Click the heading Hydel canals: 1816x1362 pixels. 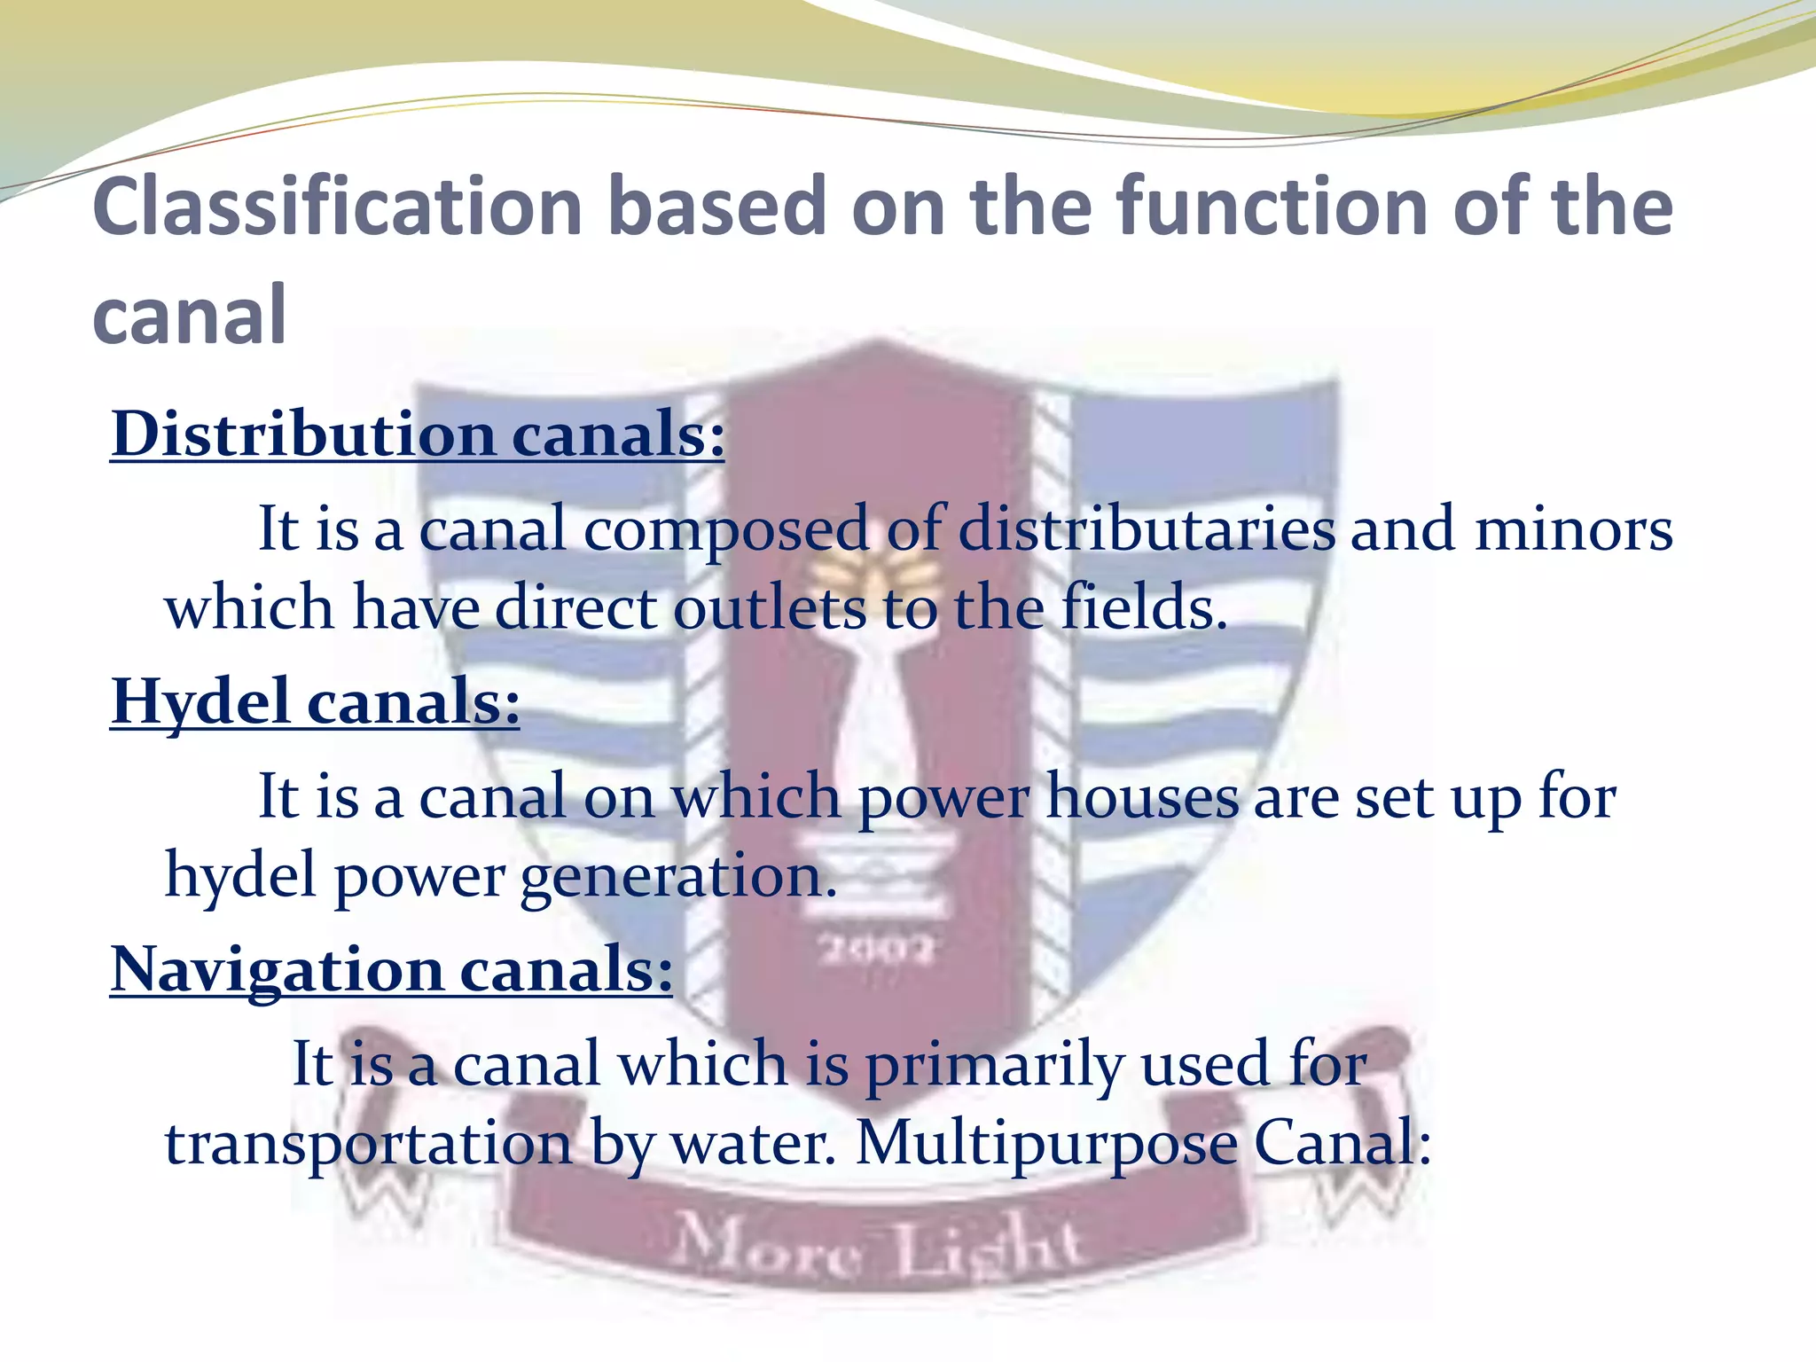315,701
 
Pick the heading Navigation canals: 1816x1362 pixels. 391,969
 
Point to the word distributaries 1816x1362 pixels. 1147,529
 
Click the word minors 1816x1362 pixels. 1573,529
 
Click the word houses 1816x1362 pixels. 1142,796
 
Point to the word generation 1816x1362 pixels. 678,877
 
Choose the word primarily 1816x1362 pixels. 994,1065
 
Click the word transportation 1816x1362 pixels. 369,1144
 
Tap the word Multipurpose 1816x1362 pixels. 1046,1144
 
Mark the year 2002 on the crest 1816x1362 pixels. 876,950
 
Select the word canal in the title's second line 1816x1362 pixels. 189,316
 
